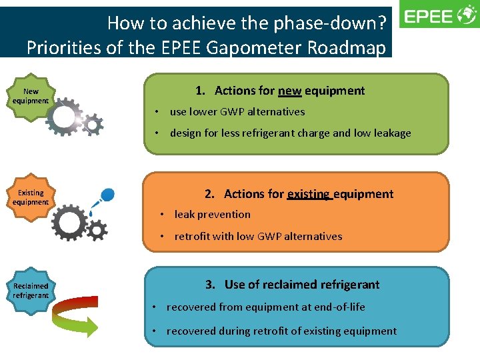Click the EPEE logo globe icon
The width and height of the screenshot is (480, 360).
[465, 16]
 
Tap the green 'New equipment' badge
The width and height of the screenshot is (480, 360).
[31, 96]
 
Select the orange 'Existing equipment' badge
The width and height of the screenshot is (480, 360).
[31, 197]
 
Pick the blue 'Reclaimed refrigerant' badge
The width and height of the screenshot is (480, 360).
[31, 291]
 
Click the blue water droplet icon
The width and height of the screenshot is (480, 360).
[107, 195]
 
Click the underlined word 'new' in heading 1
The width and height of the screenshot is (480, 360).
[289, 91]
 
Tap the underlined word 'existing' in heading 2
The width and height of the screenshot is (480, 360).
[309, 194]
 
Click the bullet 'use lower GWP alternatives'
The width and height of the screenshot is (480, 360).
[237, 112]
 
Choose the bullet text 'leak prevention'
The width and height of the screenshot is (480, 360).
[212, 215]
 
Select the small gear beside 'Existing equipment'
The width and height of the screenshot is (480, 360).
[97, 230]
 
